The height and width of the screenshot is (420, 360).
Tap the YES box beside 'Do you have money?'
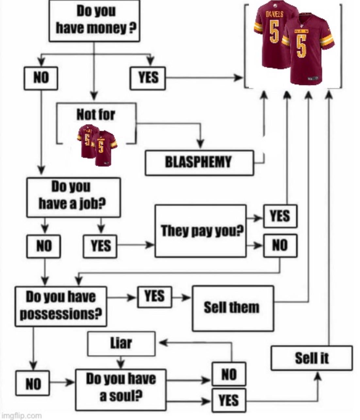(x=148, y=78)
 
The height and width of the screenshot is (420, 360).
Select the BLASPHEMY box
(x=199, y=162)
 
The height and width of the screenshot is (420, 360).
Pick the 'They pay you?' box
(x=200, y=231)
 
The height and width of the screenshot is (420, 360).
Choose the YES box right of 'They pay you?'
(x=280, y=216)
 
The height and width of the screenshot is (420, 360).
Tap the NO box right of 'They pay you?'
(x=280, y=245)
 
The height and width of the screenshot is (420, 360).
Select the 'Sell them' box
(x=233, y=308)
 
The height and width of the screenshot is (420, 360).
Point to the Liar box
(x=121, y=344)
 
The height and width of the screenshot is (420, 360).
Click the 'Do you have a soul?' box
(x=121, y=389)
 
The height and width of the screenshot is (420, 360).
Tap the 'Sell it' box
(x=312, y=358)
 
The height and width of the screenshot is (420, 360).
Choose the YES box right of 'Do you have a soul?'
(x=229, y=400)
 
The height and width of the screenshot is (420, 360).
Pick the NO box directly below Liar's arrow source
(x=229, y=374)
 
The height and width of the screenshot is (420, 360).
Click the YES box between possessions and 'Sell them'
(x=155, y=297)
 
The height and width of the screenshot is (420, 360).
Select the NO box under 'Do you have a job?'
(x=43, y=246)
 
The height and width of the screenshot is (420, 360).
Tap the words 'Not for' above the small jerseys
(x=96, y=115)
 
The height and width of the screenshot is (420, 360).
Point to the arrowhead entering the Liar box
(x=162, y=343)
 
